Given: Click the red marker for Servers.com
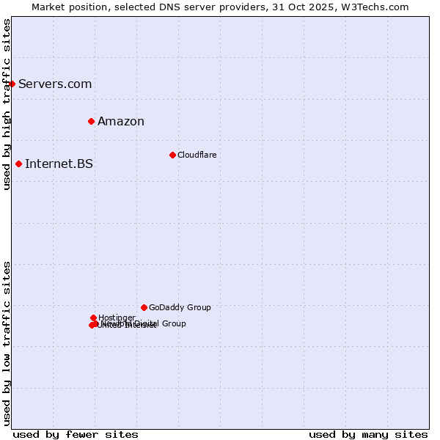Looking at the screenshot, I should pyautogui.click(x=12, y=84).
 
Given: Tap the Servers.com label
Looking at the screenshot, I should pyautogui.click(x=55, y=84).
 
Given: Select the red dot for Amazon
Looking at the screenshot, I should pyautogui.click(x=91, y=121).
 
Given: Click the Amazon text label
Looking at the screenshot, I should pyautogui.click(x=121, y=122).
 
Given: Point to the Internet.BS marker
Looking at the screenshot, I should pyautogui.click(x=18, y=164).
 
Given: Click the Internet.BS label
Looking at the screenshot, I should pyautogui.click(x=59, y=164).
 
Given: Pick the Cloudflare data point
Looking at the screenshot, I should pyautogui.click(x=172, y=155).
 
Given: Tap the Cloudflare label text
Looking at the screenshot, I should pyautogui.click(x=197, y=155).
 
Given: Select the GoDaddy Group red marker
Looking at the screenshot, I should pyautogui.click(x=144, y=307).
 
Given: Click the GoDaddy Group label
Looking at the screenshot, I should pyautogui.click(x=180, y=307).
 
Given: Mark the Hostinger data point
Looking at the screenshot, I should pyautogui.click(x=93, y=318).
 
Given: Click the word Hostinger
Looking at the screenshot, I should pyautogui.click(x=117, y=318).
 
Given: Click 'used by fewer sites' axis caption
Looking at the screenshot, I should pyautogui.click(x=76, y=434).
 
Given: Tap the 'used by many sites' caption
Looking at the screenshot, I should pyautogui.click(x=368, y=434).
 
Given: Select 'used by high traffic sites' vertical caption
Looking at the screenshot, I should pyautogui.click(x=7, y=104).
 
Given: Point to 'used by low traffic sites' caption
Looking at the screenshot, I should pyautogui.click(x=7, y=343).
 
